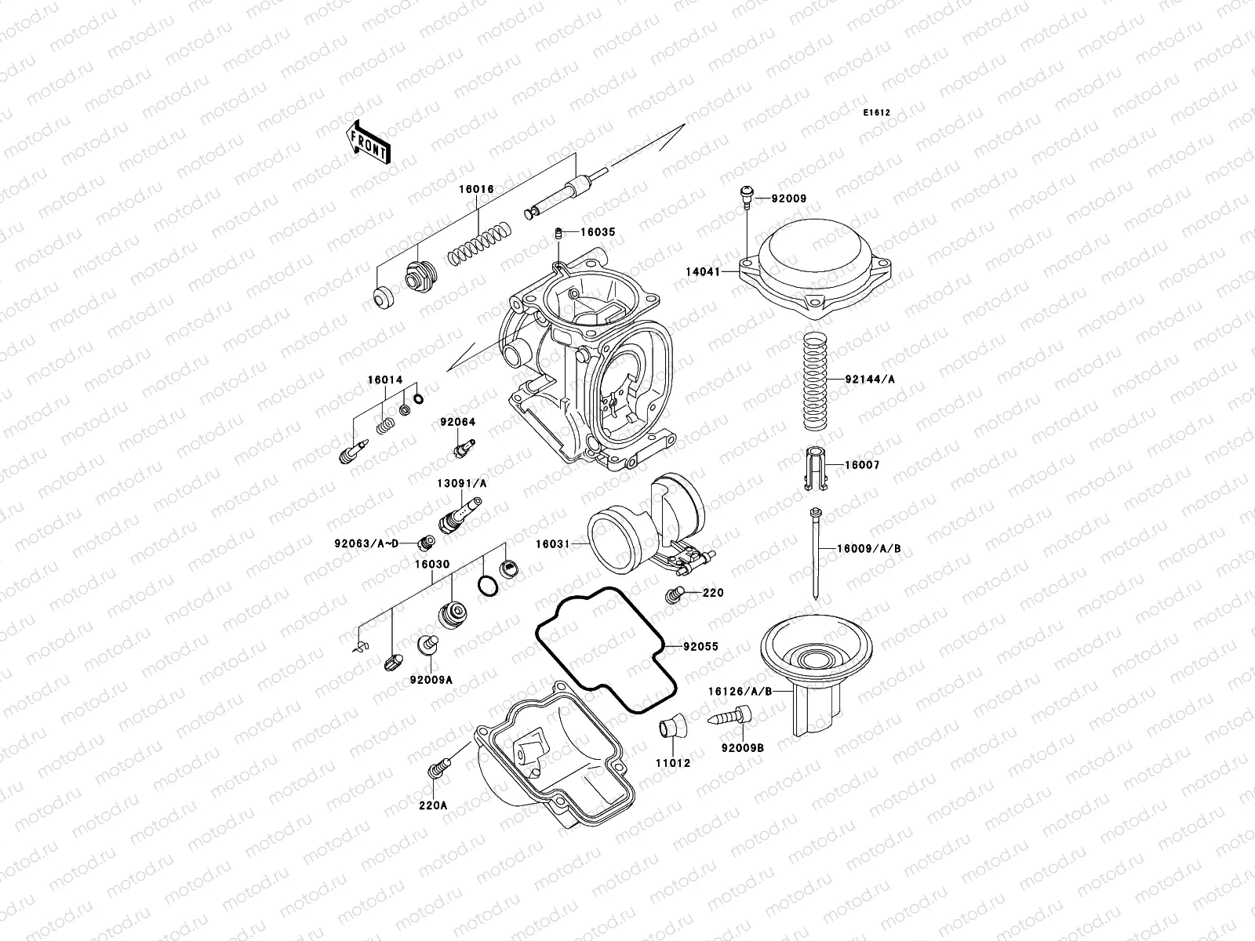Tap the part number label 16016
(x=477, y=190)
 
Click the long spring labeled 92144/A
(x=815, y=379)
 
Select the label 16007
(x=862, y=466)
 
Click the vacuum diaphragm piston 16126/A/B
(x=817, y=667)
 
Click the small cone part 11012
(x=671, y=725)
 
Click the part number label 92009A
(x=431, y=681)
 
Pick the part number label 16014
(x=385, y=380)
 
